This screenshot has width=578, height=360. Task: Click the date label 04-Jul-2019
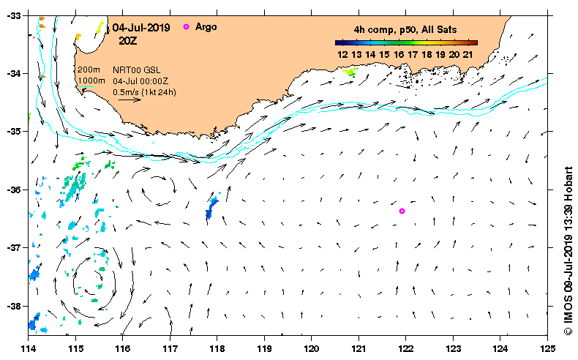[x=141, y=28]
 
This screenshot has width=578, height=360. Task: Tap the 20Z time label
[x=129, y=41]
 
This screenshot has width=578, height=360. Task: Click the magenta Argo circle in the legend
[x=186, y=26]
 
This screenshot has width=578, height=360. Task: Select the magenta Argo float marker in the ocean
[x=402, y=211]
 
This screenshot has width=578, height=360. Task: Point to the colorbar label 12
[x=342, y=54]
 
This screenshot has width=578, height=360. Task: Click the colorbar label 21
[x=469, y=54]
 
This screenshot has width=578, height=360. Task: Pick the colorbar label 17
[x=413, y=54]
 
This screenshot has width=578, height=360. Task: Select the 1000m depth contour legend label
[x=91, y=80]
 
